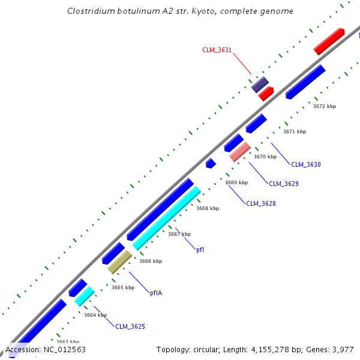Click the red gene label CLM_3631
[x=217, y=50]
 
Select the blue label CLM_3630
[x=306, y=164]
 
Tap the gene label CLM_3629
[x=283, y=184]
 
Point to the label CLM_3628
[x=261, y=203]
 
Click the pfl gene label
[x=200, y=250]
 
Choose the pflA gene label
[x=156, y=293]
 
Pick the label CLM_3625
[x=130, y=326]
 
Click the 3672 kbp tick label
[x=325, y=106]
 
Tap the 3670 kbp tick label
[x=265, y=157]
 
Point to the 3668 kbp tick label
[x=208, y=208]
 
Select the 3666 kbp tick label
[x=151, y=261]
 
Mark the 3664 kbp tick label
[x=95, y=315]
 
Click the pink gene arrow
[x=240, y=152]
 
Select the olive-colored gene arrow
[x=119, y=262]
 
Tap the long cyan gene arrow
[x=166, y=218]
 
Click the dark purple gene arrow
[x=260, y=85]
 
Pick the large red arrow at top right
[x=329, y=41]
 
